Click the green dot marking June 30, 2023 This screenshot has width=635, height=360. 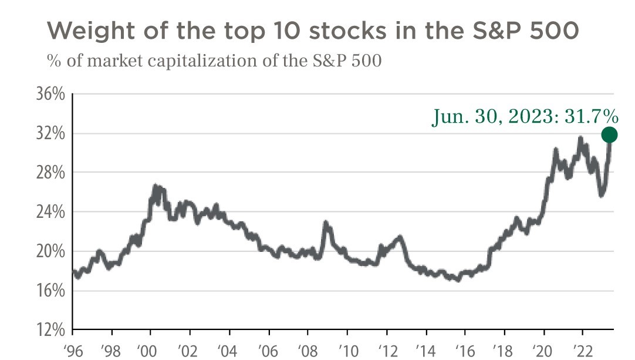tap(609, 135)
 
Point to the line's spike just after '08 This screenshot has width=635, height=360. tap(326, 224)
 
